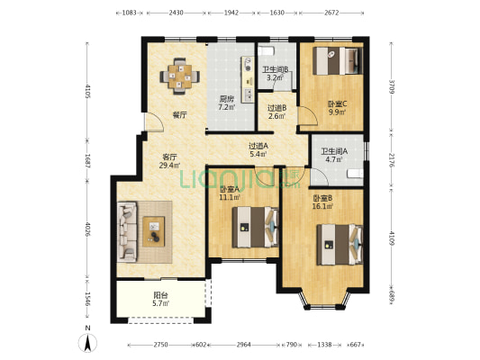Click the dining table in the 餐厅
pyautogui.click(x=180, y=76)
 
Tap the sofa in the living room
pyautogui.click(x=127, y=232)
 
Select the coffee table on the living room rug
pyautogui.click(x=154, y=231)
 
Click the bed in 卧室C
pyautogui.click(x=338, y=60)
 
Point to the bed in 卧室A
pyautogui.click(x=255, y=228)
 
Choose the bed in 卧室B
pyautogui.click(x=340, y=245)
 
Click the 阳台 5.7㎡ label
pyautogui.click(x=160, y=300)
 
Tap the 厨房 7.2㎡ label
pyautogui.click(x=227, y=103)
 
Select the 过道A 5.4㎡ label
pyautogui.click(x=258, y=150)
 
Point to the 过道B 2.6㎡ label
pyautogui.click(x=276, y=112)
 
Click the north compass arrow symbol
pyautogui.click(x=87, y=343)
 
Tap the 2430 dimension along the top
pyautogui.click(x=176, y=13)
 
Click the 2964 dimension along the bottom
pyautogui.click(x=244, y=345)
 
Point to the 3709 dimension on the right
pyautogui.click(x=392, y=86)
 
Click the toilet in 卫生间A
pyautogui.click(x=356, y=174)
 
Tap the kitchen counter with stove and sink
pyautogui.click(x=248, y=79)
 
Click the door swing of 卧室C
pyautogui.click(x=308, y=115)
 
